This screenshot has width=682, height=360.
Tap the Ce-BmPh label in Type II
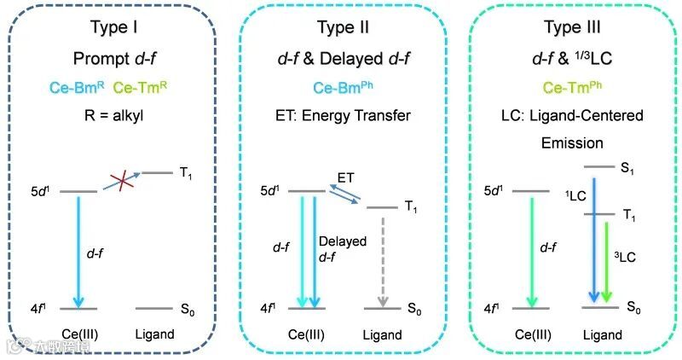(x=340, y=88)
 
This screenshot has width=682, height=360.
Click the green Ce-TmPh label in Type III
(x=569, y=88)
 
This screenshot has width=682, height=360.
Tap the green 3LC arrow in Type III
(x=605, y=260)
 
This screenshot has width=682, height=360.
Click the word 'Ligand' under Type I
(x=156, y=334)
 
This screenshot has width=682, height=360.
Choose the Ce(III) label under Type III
(x=532, y=334)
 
